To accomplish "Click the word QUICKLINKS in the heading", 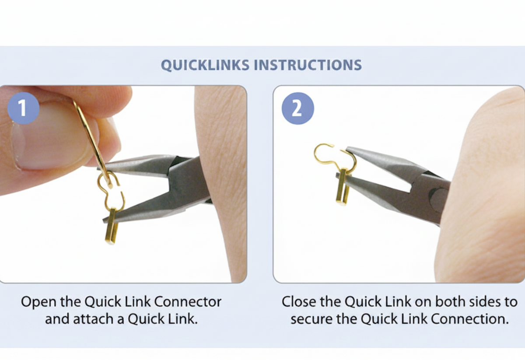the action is (x=205, y=65).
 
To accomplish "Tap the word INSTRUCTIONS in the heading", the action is (x=308, y=65).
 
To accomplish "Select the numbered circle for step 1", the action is (x=23, y=108).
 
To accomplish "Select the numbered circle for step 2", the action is (x=297, y=108).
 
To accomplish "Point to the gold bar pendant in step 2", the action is (x=342, y=188).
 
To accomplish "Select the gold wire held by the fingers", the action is (x=92, y=143).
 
